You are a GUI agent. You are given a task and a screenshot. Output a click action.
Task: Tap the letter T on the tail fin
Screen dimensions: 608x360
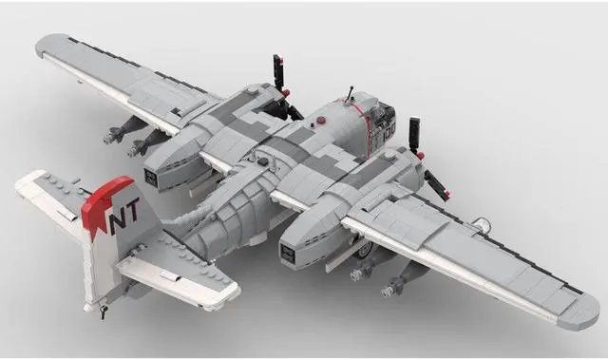pyautogui.click(x=132, y=211)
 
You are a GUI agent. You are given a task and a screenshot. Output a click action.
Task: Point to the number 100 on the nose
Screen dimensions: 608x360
pyautogui.click(x=389, y=131)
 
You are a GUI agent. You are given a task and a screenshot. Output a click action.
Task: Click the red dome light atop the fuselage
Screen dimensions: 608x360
pyautogui.click(x=321, y=121)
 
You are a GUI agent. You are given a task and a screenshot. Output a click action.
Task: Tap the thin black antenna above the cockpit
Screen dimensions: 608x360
pyautogui.click(x=351, y=94)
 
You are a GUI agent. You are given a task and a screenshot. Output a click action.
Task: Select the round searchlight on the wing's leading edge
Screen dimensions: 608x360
pyautogui.click(x=482, y=225)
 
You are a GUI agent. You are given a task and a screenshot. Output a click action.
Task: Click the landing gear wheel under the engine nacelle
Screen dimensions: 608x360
pyautogui.click(x=365, y=251)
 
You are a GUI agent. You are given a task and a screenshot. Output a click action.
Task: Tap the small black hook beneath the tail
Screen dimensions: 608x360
pyautogui.click(x=103, y=312)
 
